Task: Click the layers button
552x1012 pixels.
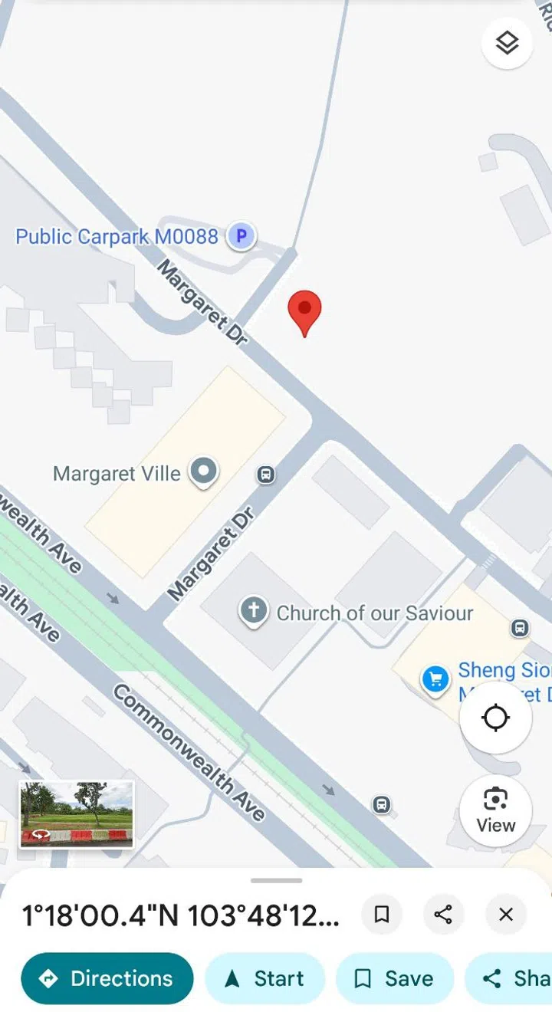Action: (x=507, y=43)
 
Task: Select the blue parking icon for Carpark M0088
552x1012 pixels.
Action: (x=241, y=236)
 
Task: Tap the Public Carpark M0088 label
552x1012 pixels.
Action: (x=117, y=236)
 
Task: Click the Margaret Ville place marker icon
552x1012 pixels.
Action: (x=204, y=472)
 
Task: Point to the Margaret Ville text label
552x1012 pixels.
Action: (x=117, y=474)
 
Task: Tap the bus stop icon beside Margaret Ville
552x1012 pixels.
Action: (x=266, y=475)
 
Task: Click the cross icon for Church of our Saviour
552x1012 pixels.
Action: (x=254, y=612)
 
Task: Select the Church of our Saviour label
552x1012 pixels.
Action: (x=374, y=613)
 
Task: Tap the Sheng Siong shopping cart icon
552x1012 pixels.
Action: (x=435, y=678)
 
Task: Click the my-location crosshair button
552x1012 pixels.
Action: (x=495, y=718)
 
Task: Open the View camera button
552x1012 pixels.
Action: (x=495, y=810)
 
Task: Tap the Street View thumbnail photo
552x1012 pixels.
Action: (x=76, y=814)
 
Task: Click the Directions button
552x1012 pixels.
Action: (x=107, y=978)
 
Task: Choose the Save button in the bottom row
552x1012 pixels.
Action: (x=395, y=978)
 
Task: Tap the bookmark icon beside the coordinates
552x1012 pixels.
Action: (x=382, y=914)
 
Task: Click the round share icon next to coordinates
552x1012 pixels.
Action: (x=443, y=914)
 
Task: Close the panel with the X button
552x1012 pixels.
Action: (x=506, y=914)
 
